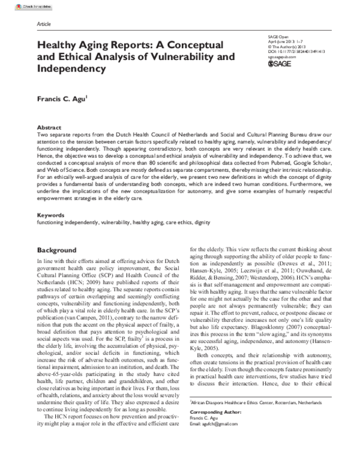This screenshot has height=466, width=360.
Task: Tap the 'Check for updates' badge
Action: [20, 5]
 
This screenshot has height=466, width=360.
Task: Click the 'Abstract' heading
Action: [49, 128]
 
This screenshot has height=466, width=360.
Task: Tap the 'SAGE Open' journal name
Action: [277, 37]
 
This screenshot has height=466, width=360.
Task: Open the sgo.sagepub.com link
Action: [283, 57]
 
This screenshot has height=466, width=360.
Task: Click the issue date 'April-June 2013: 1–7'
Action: [284, 41]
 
